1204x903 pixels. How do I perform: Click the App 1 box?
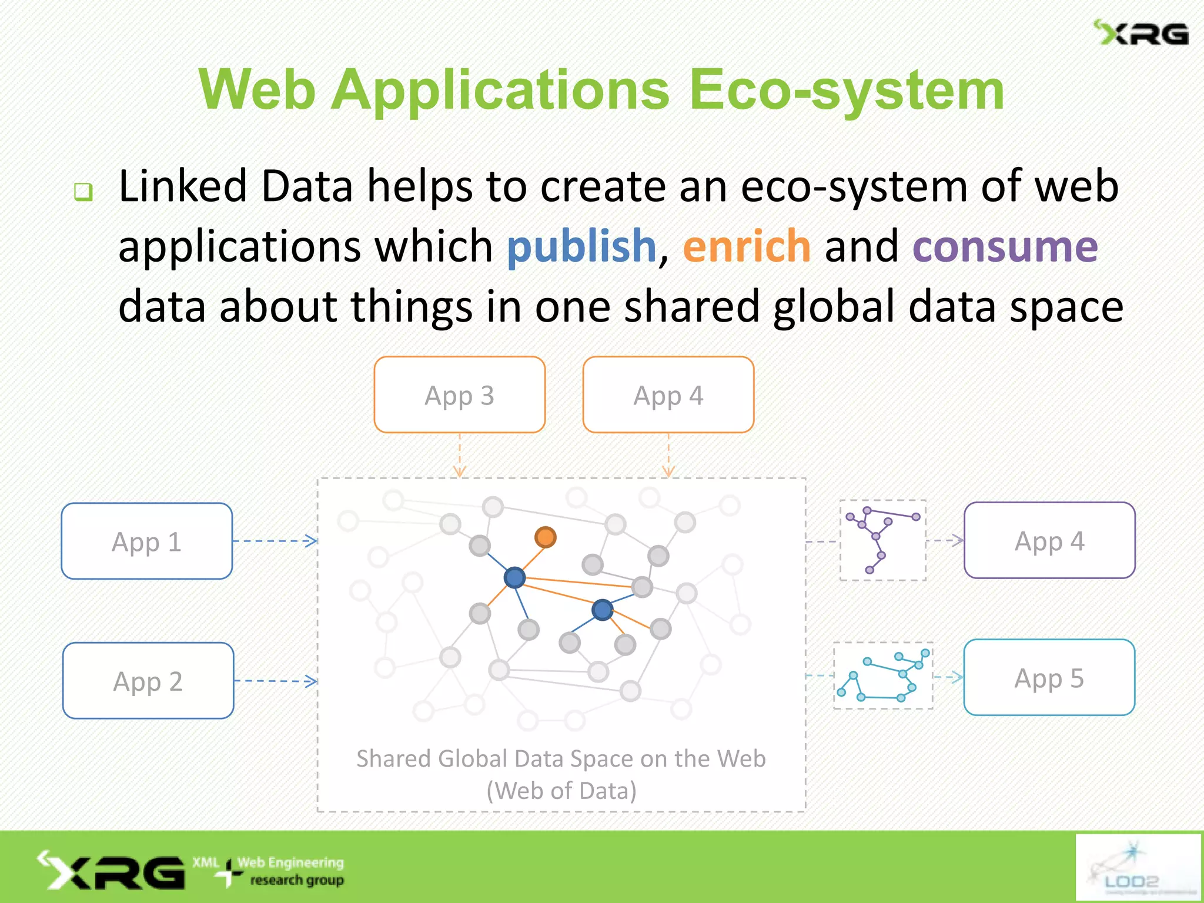pyautogui.click(x=147, y=541)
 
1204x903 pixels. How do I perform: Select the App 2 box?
pyautogui.click(x=148, y=681)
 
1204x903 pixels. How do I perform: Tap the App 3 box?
pyautogui.click(x=460, y=395)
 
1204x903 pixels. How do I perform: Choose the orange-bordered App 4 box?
pyautogui.click(x=668, y=395)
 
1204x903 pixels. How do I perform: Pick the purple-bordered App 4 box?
pyautogui.click(x=1049, y=540)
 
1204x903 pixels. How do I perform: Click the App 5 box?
pyautogui.click(x=1049, y=677)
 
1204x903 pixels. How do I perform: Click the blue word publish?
pyautogui.click(x=581, y=246)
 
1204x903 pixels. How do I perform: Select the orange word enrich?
pyautogui.click(x=747, y=246)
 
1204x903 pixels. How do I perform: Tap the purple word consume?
pyautogui.click(x=1005, y=246)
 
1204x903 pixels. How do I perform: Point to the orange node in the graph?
pyautogui.click(x=546, y=537)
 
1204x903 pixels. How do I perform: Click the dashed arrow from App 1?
pyautogui.click(x=275, y=541)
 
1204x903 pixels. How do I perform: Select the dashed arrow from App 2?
pyautogui.click(x=275, y=681)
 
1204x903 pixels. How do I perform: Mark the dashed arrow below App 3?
pyautogui.click(x=460, y=455)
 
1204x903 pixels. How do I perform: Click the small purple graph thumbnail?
pyautogui.click(x=882, y=540)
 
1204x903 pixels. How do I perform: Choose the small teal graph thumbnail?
pyautogui.click(x=883, y=676)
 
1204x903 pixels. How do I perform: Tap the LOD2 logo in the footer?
pyautogui.click(x=1138, y=867)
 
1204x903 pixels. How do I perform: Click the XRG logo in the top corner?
pyautogui.click(x=1141, y=34)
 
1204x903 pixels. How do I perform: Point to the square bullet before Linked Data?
pyautogui.click(x=83, y=191)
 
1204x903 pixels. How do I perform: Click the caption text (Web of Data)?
pyautogui.click(x=561, y=791)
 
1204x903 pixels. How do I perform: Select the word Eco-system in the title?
pyautogui.click(x=847, y=90)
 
